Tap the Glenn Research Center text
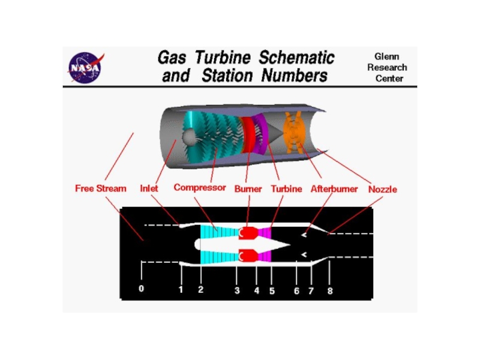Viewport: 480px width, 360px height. coord(387,67)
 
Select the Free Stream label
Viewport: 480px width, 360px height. coord(101,188)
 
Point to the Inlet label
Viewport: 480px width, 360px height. coord(149,188)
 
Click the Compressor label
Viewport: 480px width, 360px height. coord(200,188)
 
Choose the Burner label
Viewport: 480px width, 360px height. coord(248,189)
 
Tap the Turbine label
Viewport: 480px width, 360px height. coord(286,189)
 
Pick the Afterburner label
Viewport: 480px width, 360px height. coord(334,189)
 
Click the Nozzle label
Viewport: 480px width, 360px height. coord(383,189)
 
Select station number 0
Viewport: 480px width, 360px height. coord(142,289)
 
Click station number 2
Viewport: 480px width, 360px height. coord(201,289)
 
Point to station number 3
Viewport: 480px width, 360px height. coord(237,290)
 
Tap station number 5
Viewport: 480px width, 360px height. coord(271,290)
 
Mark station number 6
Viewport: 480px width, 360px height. coord(296,290)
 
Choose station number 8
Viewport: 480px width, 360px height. coord(329,290)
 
